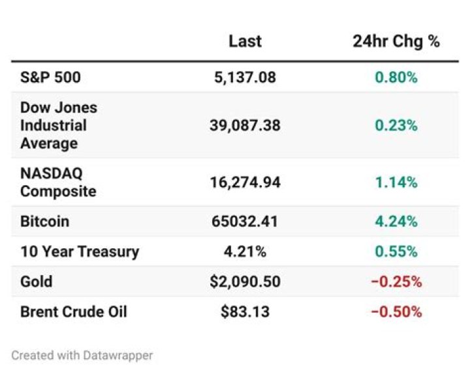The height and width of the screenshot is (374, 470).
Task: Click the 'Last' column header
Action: click(245, 41)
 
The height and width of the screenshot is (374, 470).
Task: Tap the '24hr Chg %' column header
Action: click(396, 42)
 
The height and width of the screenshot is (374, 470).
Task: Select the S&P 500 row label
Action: click(50, 77)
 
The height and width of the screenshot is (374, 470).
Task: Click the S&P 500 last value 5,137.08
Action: click(245, 78)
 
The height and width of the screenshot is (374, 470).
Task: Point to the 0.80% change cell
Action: click(396, 78)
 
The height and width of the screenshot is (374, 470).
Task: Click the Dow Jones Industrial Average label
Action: click(59, 125)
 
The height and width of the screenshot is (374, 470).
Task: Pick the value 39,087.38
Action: click(245, 125)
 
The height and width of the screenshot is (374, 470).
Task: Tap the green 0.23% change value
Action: click(396, 125)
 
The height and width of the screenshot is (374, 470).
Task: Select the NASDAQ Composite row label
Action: click(58, 182)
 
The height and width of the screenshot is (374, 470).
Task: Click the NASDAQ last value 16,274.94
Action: click(245, 182)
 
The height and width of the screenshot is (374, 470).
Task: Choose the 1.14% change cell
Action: click(396, 182)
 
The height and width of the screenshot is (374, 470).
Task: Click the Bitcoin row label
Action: click(44, 222)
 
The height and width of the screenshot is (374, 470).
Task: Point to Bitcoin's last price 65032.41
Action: click(245, 222)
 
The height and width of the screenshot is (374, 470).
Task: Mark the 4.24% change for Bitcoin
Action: click(396, 222)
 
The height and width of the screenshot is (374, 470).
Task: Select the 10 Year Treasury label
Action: click(80, 252)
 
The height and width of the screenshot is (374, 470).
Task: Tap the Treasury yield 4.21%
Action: click(245, 252)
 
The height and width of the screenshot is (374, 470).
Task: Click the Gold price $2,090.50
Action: click(245, 281)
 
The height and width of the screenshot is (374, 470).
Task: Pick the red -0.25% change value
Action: click(396, 282)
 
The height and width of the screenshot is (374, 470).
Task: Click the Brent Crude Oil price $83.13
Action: click(245, 311)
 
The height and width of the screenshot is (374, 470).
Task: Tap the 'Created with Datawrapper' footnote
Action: click(82, 356)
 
